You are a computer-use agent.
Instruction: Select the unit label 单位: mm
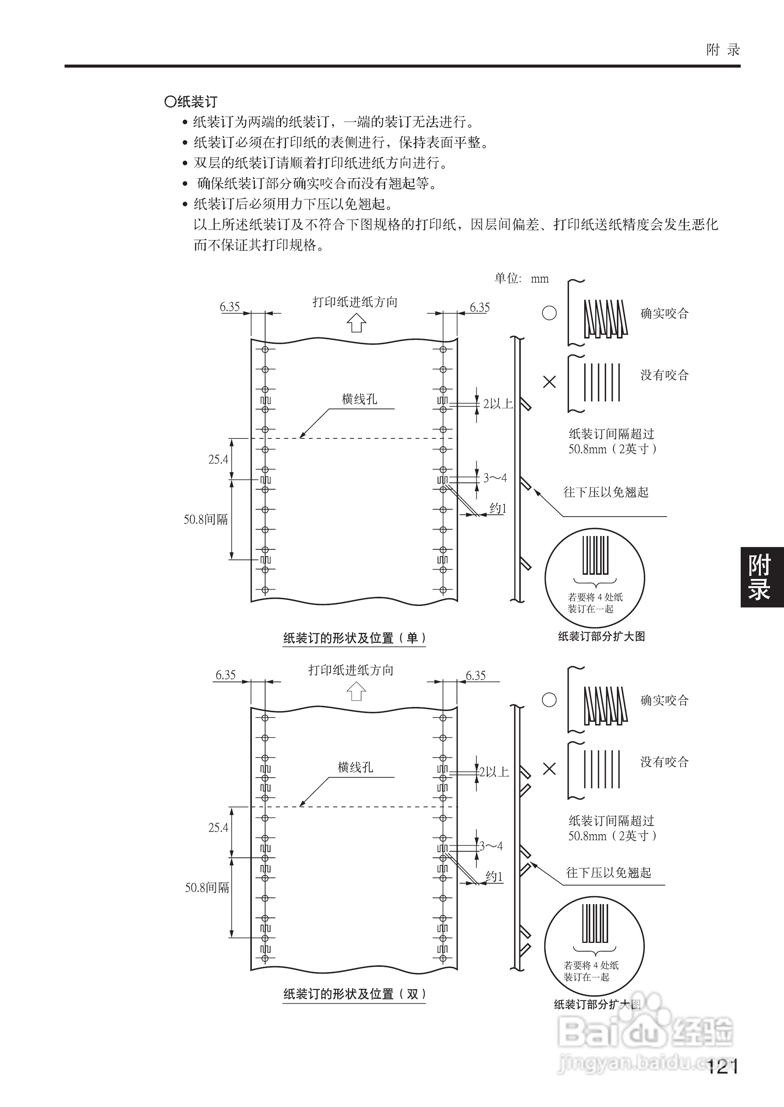(x=522, y=278)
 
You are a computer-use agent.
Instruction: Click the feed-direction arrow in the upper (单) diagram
(x=356, y=323)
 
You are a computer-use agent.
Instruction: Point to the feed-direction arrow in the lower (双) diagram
(x=356, y=691)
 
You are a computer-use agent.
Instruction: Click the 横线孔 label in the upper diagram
(x=359, y=399)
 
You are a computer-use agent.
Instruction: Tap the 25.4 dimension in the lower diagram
(x=218, y=827)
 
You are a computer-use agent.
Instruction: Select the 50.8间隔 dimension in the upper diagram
(x=205, y=519)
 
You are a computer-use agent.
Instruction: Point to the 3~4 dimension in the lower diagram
(x=491, y=846)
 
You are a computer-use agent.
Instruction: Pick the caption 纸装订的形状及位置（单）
(x=354, y=638)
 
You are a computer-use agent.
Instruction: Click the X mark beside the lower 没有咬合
(x=549, y=769)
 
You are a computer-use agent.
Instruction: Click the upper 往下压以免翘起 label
(x=605, y=492)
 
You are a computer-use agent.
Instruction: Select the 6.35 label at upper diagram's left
(x=230, y=307)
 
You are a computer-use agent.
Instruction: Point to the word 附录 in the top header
(x=723, y=50)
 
